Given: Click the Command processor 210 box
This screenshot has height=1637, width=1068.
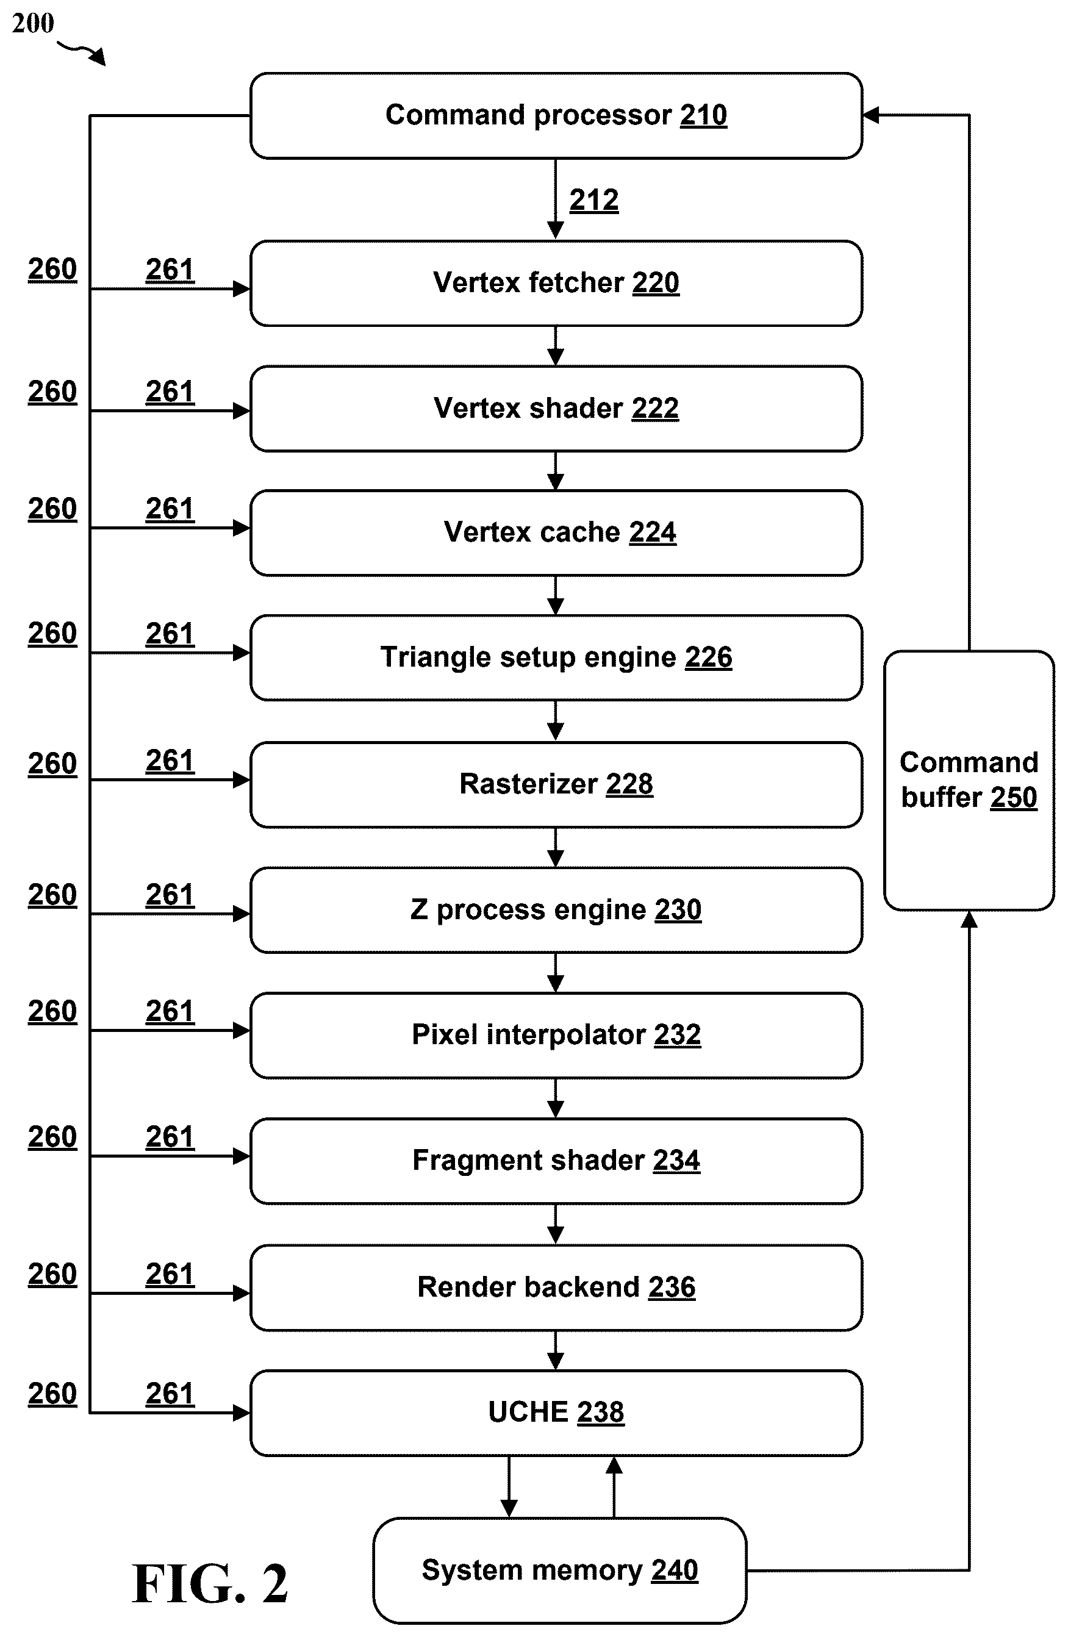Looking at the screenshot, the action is tap(556, 115).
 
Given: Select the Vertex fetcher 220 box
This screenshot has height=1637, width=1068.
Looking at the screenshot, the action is tap(556, 282).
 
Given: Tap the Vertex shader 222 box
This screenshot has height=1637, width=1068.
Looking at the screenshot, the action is tap(556, 409).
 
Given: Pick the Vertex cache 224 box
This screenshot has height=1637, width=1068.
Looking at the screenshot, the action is tap(556, 532).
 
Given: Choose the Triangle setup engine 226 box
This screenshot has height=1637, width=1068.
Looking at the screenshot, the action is tap(556, 657).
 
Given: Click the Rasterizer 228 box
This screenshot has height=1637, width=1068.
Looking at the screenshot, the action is tap(556, 784).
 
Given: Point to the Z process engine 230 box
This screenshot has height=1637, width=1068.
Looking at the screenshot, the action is tap(556, 910).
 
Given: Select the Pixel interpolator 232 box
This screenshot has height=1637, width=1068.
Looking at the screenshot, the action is tap(556, 1035).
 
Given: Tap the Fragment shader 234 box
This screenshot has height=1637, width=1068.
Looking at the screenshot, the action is tap(556, 1161).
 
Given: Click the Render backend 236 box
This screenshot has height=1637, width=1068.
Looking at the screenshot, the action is tap(556, 1288).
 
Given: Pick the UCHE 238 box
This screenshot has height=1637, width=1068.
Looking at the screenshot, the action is tap(556, 1413).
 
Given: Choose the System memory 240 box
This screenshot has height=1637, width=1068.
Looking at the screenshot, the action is tap(560, 1571).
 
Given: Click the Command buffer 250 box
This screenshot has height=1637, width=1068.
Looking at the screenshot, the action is tap(969, 781).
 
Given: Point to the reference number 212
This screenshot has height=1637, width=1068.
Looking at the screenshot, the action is tap(594, 200).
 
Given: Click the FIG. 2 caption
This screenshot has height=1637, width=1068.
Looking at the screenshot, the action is tap(210, 1583).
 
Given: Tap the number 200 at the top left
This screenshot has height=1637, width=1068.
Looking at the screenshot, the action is tap(33, 23).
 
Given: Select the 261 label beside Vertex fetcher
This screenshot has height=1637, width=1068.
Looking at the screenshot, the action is tap(170, 270).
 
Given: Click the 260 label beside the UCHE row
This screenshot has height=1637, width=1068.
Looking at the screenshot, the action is tap(52, 1394).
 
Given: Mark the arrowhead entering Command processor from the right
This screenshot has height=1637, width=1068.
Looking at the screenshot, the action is tap(870, 115).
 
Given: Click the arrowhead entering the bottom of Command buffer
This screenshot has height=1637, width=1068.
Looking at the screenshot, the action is tap(969, 920).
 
